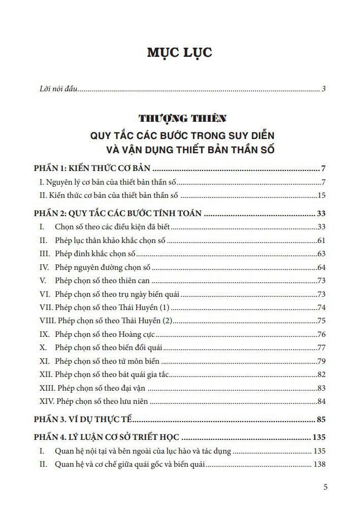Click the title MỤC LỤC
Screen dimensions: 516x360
tap(179, 53)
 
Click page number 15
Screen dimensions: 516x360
tap(321, 195)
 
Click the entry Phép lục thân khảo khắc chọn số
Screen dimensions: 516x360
tap(110, 240)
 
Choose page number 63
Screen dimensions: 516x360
tap(321, 254)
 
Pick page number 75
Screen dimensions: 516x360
tap(321, 320)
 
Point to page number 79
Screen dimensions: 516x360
tap(321, 361)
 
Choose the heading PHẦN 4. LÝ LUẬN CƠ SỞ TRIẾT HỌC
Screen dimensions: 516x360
tap(108, 437)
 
